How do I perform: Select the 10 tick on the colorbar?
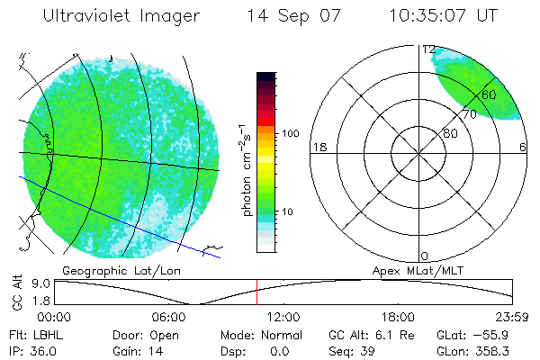coord(289,211)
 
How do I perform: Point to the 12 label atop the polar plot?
coord(428,49)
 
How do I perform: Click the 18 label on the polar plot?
coord(318,147)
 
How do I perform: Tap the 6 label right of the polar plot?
coord(523,147)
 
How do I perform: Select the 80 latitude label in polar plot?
coord(449,133)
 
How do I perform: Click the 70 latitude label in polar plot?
coord(469,114)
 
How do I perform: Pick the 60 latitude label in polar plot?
coord(489,94)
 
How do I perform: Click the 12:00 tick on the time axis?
coord(284,317)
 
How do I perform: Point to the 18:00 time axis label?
coord(399,317)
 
